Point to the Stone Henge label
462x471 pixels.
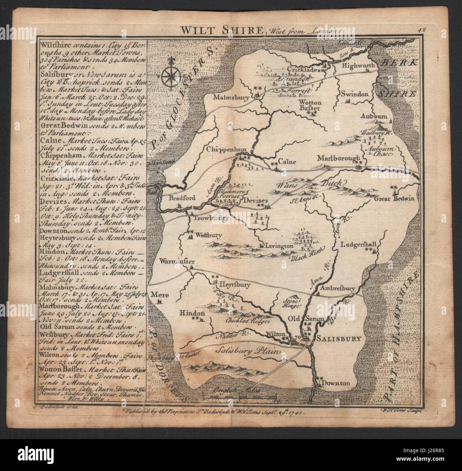coord(291,302)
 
